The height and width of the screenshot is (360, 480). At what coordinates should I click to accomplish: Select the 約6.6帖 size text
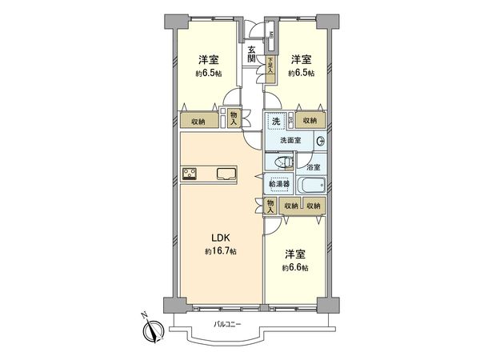point(295,267)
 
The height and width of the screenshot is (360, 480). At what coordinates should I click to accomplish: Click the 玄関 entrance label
point(251,54)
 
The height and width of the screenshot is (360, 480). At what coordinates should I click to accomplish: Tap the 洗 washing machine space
point(276,122)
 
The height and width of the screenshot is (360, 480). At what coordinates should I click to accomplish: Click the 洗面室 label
point(290,141)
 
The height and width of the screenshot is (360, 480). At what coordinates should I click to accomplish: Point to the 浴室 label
point(314,167)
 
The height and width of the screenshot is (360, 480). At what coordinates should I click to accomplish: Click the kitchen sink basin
point(224,174)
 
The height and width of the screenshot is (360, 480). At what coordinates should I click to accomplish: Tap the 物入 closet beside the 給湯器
point(271,206)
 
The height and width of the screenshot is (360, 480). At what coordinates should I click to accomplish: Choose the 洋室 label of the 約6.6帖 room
point(295,254)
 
